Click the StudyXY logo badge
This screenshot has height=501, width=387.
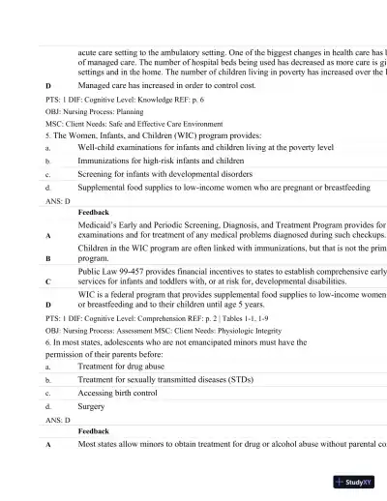(355, 481)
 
